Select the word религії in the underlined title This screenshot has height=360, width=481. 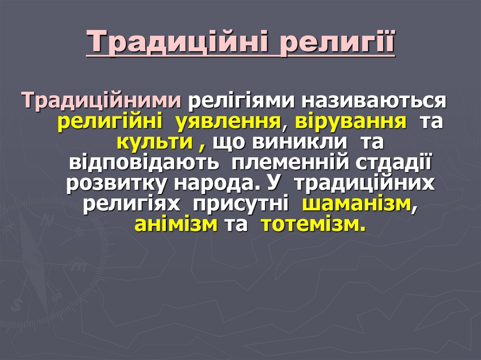pos(337,43)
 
